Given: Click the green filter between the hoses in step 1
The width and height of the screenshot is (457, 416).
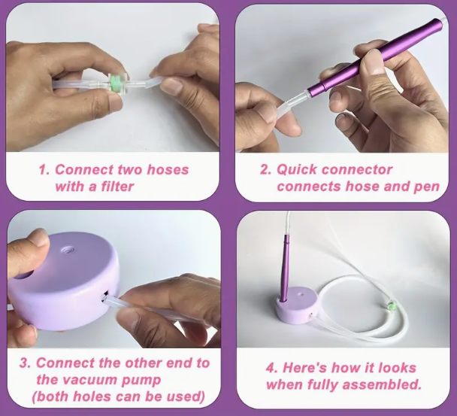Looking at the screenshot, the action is (115, 82).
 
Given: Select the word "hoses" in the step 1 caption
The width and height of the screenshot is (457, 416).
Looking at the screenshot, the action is (168, 169).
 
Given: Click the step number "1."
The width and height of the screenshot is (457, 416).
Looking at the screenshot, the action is (44, 169).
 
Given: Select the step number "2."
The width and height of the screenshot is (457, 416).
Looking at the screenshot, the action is (265, 169).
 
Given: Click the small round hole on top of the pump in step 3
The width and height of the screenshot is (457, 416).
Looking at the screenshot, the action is (69, 250).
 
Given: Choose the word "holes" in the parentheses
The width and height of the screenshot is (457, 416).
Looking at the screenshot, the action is (92, 396).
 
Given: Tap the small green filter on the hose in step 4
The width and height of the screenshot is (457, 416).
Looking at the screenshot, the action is (392, 305).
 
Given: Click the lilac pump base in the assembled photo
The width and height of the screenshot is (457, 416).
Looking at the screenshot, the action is (295, 305).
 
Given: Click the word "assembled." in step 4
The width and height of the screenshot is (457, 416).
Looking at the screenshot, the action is (382, 384).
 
